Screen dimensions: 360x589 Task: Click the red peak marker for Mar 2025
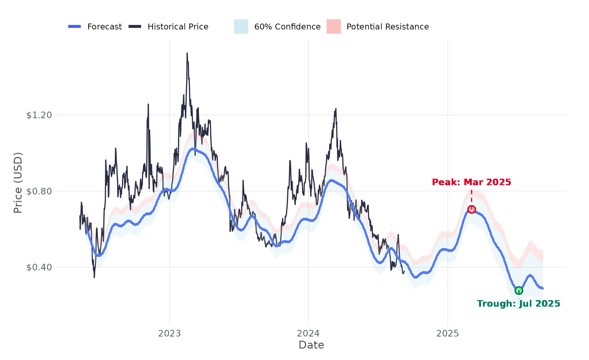pos(472,209)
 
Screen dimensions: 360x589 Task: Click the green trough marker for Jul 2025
pos(519,290)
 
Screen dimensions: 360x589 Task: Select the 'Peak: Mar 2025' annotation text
pos(472,182)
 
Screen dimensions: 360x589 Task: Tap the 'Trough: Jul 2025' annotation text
pos(519,304)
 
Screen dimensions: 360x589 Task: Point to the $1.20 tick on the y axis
pos(39,115)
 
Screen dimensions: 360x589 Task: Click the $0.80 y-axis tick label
pos(39,191)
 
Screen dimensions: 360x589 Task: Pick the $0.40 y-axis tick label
pos(39,267)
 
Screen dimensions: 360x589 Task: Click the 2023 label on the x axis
pos(170,333)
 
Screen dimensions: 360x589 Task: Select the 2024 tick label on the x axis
pos(308,333)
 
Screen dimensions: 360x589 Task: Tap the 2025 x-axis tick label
pos(448,333)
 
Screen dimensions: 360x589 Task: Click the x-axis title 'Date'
pos(311,345)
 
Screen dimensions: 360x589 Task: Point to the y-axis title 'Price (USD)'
pos(18,183)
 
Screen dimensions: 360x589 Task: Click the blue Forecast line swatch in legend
pos(75,27)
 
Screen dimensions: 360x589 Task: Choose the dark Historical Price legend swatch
pos(135,27)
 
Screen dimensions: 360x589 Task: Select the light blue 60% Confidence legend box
pos(241,27)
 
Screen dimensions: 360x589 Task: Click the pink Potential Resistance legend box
pos(334,27)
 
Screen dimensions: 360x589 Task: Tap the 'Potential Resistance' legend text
pos(388,27)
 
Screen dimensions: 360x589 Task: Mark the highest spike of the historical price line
pos(187,53)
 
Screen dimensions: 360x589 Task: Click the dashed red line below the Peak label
pos(472,196)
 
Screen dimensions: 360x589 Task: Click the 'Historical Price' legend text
pos(178,27)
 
